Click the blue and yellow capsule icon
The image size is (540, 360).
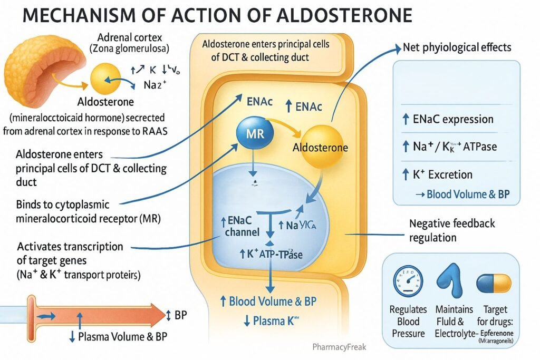pos(494,283)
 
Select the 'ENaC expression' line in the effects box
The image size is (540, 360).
pos(452,119)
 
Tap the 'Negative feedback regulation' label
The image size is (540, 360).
pos(452,230)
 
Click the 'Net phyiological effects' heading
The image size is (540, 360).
pos(457,47)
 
